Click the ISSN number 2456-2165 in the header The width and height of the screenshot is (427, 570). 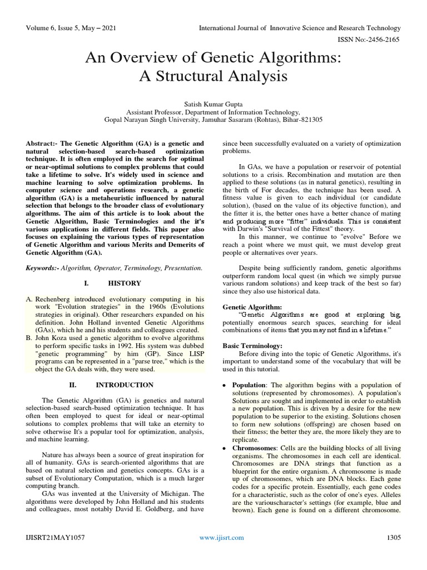point(384,40)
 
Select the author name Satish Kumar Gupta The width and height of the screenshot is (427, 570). point(213,103)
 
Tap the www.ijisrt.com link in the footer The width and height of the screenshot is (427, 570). point(221,538)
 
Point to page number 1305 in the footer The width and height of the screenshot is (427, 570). point(393,538)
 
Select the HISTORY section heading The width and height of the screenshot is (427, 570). point(125,283)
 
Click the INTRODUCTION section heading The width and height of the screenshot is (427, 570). point(125,385)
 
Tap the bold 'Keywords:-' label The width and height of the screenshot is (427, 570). point(44,268)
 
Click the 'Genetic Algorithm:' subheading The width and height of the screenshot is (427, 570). point(252,307)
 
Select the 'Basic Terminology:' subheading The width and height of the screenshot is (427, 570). point(253,346)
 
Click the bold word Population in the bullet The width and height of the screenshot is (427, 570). point(250,385)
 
